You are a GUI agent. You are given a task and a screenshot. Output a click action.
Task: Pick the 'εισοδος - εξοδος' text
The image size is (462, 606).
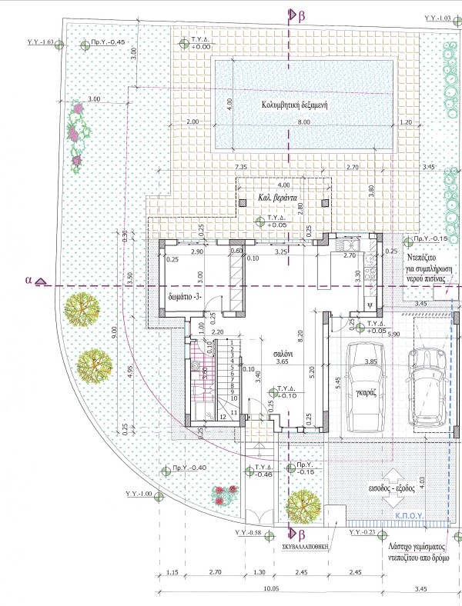(392, 488)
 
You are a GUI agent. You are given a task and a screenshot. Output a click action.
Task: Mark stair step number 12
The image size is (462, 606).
(222, 415)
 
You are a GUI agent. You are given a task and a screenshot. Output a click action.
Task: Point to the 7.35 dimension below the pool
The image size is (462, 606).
(241, 166)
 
